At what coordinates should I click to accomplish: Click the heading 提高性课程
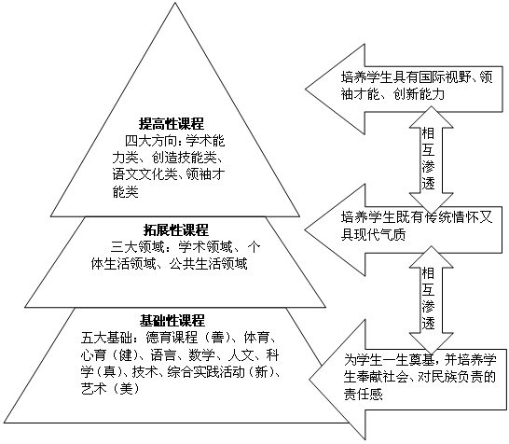point(172,124)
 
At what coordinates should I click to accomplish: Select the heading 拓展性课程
point(176,230)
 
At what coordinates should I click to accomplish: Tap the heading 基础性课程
point(172,321)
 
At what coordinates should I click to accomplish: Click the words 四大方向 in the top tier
point(151,141)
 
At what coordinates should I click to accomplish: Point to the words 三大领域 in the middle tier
point(137,247)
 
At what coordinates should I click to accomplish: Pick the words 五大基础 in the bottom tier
point(107,338)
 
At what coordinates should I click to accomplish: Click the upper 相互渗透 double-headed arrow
point(431,160)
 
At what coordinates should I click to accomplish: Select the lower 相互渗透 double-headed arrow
point(431,299)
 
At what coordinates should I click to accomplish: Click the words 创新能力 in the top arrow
point(419,94)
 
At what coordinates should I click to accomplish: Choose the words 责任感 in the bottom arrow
point(364,394)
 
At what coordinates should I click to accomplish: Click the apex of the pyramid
point(175,3)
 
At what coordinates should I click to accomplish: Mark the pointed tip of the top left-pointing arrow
point(306,89)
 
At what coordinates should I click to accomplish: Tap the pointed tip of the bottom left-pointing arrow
point(310,379)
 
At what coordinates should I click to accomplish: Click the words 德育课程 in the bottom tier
point(172,338)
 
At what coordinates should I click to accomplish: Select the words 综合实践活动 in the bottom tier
point(206,371)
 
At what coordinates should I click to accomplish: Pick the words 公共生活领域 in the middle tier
point(208,264)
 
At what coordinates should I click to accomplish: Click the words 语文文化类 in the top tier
point(144,174)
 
